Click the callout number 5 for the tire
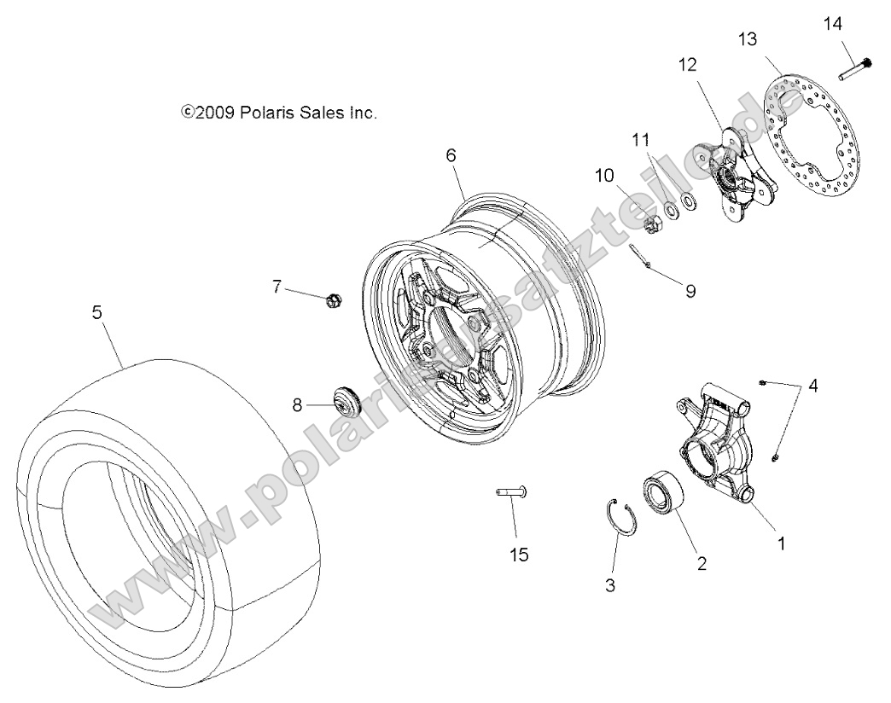tap(96, 313)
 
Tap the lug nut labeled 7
tap(334, 299)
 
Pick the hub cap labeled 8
tap(346, 401)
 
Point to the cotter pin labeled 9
tap(639, 255)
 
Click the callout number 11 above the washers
tap(642, 140)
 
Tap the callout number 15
tap(519, 555)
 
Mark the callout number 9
tap(690, 291)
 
